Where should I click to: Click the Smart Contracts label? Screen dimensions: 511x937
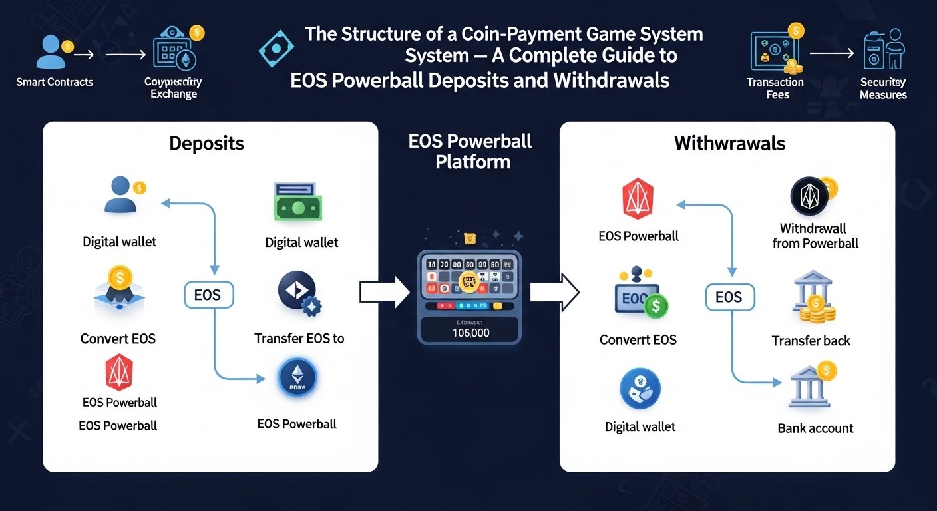(55, 82)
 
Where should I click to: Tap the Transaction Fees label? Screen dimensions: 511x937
(775, 88)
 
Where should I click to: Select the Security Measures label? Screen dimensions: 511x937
(883, 88)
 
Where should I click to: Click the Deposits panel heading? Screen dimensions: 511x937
(206, 143)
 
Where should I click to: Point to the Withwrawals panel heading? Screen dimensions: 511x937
(729, 143)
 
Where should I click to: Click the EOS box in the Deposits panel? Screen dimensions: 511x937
(207, 295)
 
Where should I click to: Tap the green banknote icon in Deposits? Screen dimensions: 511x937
(297, 202)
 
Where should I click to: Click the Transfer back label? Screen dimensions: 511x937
(811, 341)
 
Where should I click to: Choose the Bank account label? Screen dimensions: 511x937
(815, 428)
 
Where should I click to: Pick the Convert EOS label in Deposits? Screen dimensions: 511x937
(118, 339)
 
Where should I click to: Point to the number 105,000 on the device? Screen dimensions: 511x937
(470, 332)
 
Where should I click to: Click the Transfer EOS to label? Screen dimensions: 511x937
(299, 339)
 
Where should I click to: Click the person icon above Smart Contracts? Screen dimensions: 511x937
(50, 51)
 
